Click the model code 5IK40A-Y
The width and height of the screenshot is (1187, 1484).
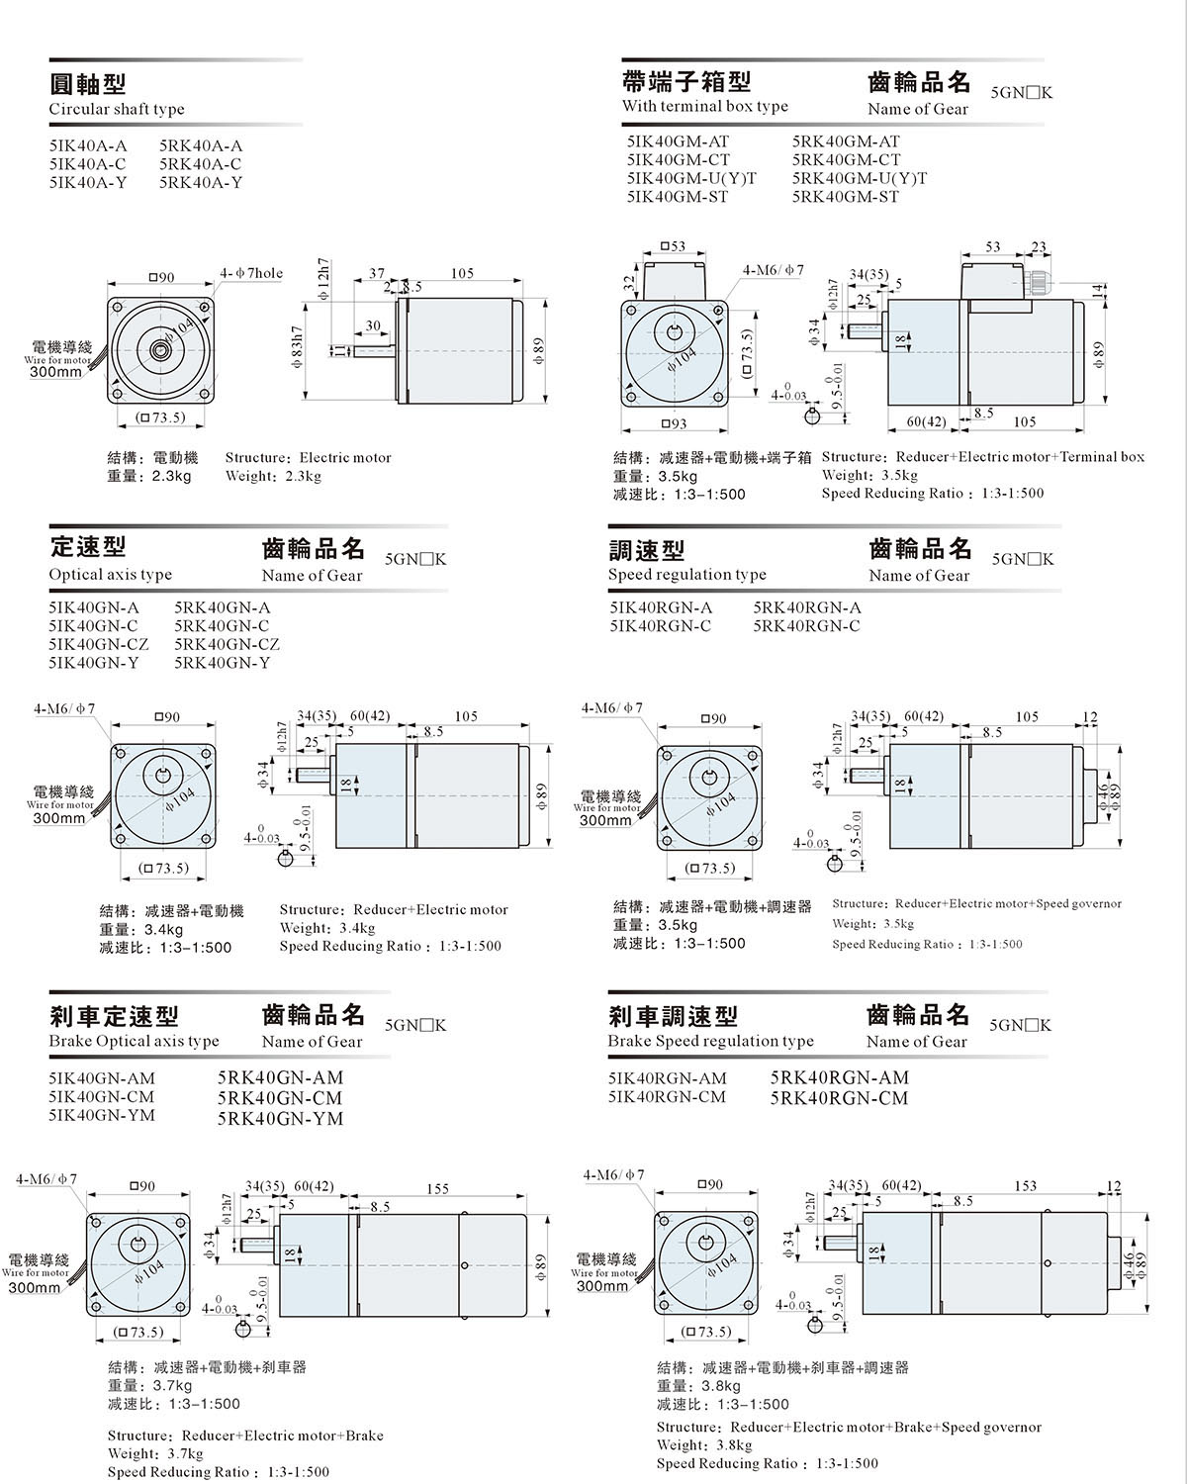pos(88,182)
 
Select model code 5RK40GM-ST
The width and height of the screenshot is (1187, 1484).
pos(846,197)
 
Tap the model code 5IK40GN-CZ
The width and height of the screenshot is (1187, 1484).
pos(99,644)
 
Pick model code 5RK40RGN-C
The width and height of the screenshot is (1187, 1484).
pos(806,626)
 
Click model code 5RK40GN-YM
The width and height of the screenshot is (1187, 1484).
pos(280,1119)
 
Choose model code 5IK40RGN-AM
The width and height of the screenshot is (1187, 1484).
pos(667,1078)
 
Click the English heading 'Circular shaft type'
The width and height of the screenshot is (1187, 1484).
pos(117,109)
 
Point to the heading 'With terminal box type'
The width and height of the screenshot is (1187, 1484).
pos(705,106)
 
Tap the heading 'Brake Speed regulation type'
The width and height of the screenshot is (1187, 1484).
pos(710,1041)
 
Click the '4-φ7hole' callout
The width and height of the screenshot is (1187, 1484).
pos(251,273)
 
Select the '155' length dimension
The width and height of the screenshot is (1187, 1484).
pos(437,1189)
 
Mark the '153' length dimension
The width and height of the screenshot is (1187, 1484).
pos(1025,1185)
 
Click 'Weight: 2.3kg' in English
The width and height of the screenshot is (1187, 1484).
pos(273,476)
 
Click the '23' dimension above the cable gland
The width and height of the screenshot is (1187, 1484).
pos(1039,247)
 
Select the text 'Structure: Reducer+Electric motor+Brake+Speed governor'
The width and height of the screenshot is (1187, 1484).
pos(849,1427)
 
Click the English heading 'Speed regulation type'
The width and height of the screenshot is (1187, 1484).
pos(686,575)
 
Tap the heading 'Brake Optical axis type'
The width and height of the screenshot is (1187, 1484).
pos(134,1041)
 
